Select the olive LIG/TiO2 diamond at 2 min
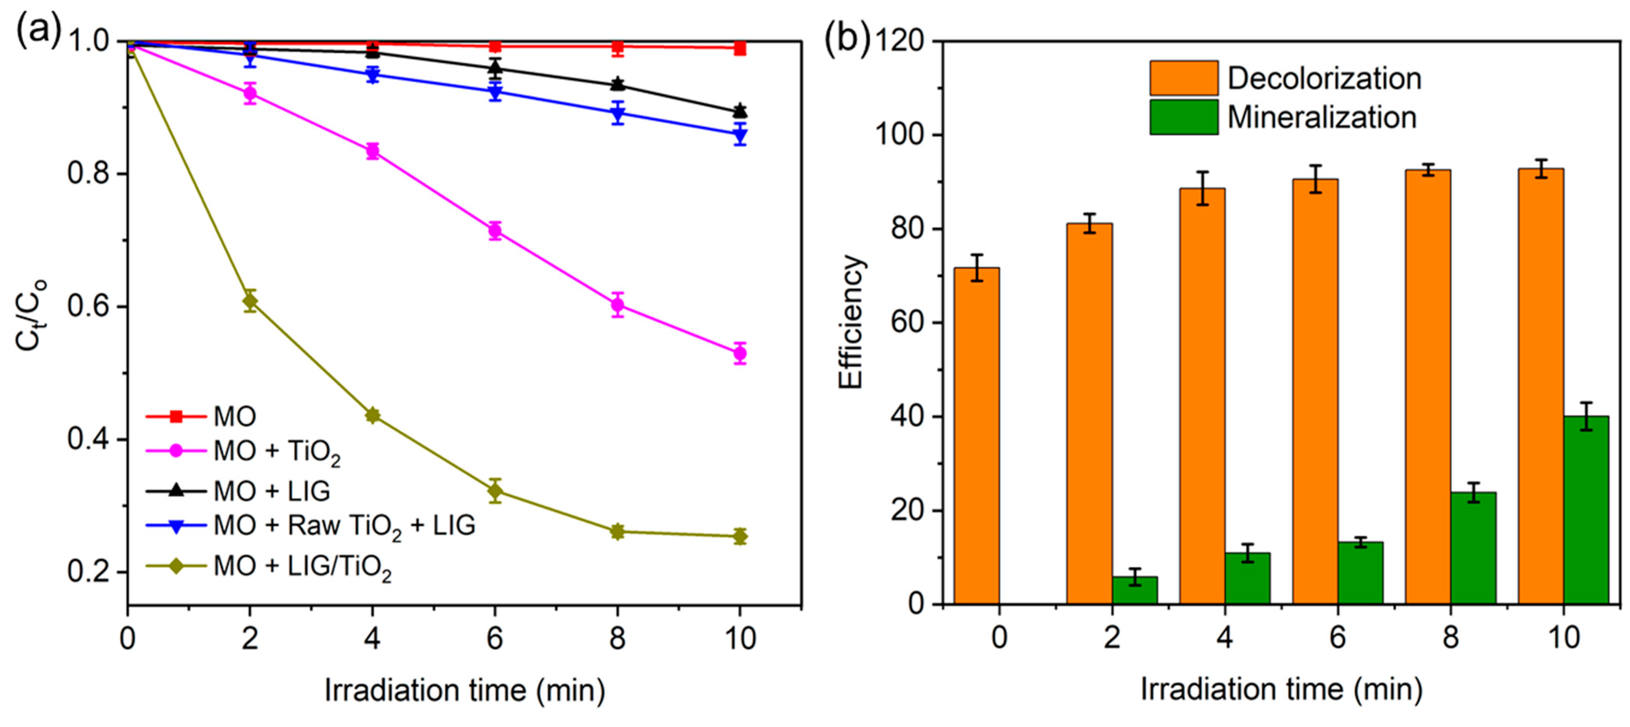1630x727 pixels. (250, 301)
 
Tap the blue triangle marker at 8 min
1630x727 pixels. (618, 114)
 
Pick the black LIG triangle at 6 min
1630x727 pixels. (495, 68)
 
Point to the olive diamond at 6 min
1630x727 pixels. (495, 490)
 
